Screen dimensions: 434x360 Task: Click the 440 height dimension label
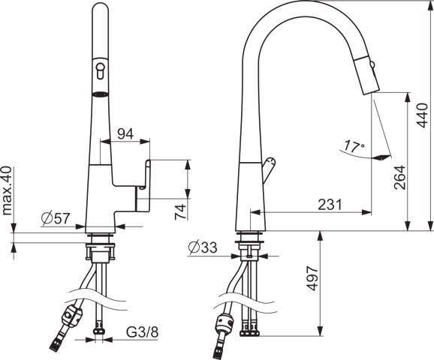click(423, 115)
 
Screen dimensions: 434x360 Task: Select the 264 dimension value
click(399, 177)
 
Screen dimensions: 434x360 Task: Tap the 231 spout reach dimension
click(330, 205)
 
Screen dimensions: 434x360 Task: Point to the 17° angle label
click(354, 146)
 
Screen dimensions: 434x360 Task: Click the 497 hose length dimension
click(312, 278)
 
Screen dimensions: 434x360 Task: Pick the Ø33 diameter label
click(203, 247)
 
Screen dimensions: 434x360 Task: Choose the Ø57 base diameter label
click(56, 218)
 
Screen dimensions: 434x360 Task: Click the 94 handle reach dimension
click(125, 133)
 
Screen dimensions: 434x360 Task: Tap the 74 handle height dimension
click(181, 211)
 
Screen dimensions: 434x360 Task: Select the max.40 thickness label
click(7, 190)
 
